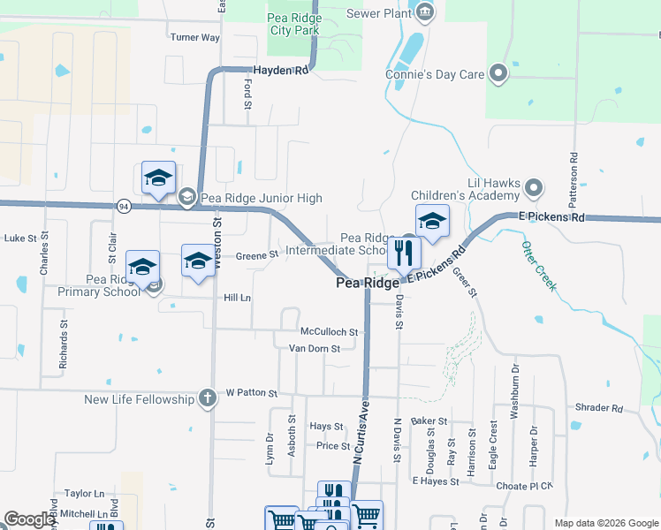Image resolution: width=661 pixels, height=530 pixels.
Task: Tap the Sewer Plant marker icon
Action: tap(426, 11)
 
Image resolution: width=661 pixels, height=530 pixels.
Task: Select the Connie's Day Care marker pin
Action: tap(498, 74)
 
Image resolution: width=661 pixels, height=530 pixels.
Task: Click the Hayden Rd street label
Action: tap(280, 70)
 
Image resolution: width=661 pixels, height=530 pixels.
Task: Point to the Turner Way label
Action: tap(194, 37)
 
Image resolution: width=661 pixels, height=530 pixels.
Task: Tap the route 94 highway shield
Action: tap(123, 206)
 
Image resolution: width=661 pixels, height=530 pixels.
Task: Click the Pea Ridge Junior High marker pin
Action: tap(186, 198)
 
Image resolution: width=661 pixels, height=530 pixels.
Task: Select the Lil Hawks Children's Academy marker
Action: tap(533, 188)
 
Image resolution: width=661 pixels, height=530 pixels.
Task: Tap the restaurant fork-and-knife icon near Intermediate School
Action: tap(404, 254)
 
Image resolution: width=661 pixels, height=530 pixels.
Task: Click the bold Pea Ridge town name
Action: tap(367, 284)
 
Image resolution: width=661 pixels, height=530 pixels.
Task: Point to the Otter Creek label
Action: tap(538, 265)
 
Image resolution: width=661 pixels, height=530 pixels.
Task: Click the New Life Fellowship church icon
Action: tap(207, 398)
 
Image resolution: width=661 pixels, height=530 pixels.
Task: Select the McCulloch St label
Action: tap(329, 332)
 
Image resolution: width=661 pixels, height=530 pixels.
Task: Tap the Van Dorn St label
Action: tap(315, 348)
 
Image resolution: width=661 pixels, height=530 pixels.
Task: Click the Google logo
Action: tap(30, 520)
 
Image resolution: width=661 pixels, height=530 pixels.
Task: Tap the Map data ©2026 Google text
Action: tap(605, 523)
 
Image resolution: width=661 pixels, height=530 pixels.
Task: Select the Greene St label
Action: tap(257, 255)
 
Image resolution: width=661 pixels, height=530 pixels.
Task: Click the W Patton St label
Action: tap(252, 392)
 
